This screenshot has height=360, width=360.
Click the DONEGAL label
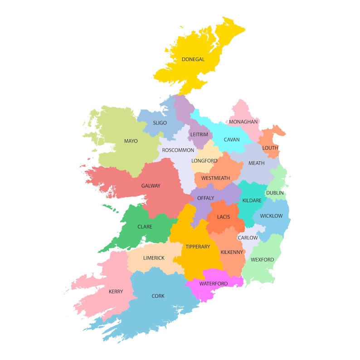[193, 59]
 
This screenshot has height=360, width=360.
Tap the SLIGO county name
[160, 123]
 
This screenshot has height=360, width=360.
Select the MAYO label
[131, 141]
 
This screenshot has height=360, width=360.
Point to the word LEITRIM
[199, 135]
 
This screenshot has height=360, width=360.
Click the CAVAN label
[232, 140]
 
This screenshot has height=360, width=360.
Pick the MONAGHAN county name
[243, 122]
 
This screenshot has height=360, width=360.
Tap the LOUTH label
[270, 148]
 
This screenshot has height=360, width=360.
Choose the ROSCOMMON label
[178, 150]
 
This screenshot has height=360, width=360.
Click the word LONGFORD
[204, 161]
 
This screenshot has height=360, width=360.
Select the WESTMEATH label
[216, 178]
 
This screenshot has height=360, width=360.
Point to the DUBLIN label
[275, 193]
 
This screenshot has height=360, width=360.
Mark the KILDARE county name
[252, 200]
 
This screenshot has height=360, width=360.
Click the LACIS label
[224, 217]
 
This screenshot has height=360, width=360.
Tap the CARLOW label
[248, 238]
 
